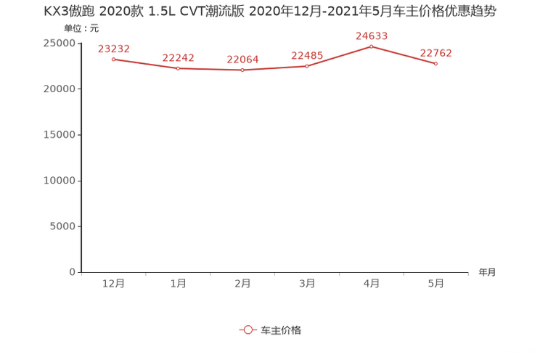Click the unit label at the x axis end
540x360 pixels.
click(487, 273)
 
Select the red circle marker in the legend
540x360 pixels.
click(248, 330)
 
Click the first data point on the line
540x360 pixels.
click(113, 59)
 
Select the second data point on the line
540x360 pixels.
click(178, 68)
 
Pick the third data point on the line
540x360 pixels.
click(242, 70)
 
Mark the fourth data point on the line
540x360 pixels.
click(307, 66)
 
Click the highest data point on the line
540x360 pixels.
click(372, 46)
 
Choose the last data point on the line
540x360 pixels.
click(436, 64)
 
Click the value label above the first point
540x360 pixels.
click(113, 48)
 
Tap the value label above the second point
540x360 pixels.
click(178, 57)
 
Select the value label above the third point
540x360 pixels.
click(242, 60)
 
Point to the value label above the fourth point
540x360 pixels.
click(307, 55)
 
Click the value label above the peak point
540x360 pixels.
click(372, 35)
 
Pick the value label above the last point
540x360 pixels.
click(436, 52)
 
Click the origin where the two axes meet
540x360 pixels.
click(79, 273)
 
